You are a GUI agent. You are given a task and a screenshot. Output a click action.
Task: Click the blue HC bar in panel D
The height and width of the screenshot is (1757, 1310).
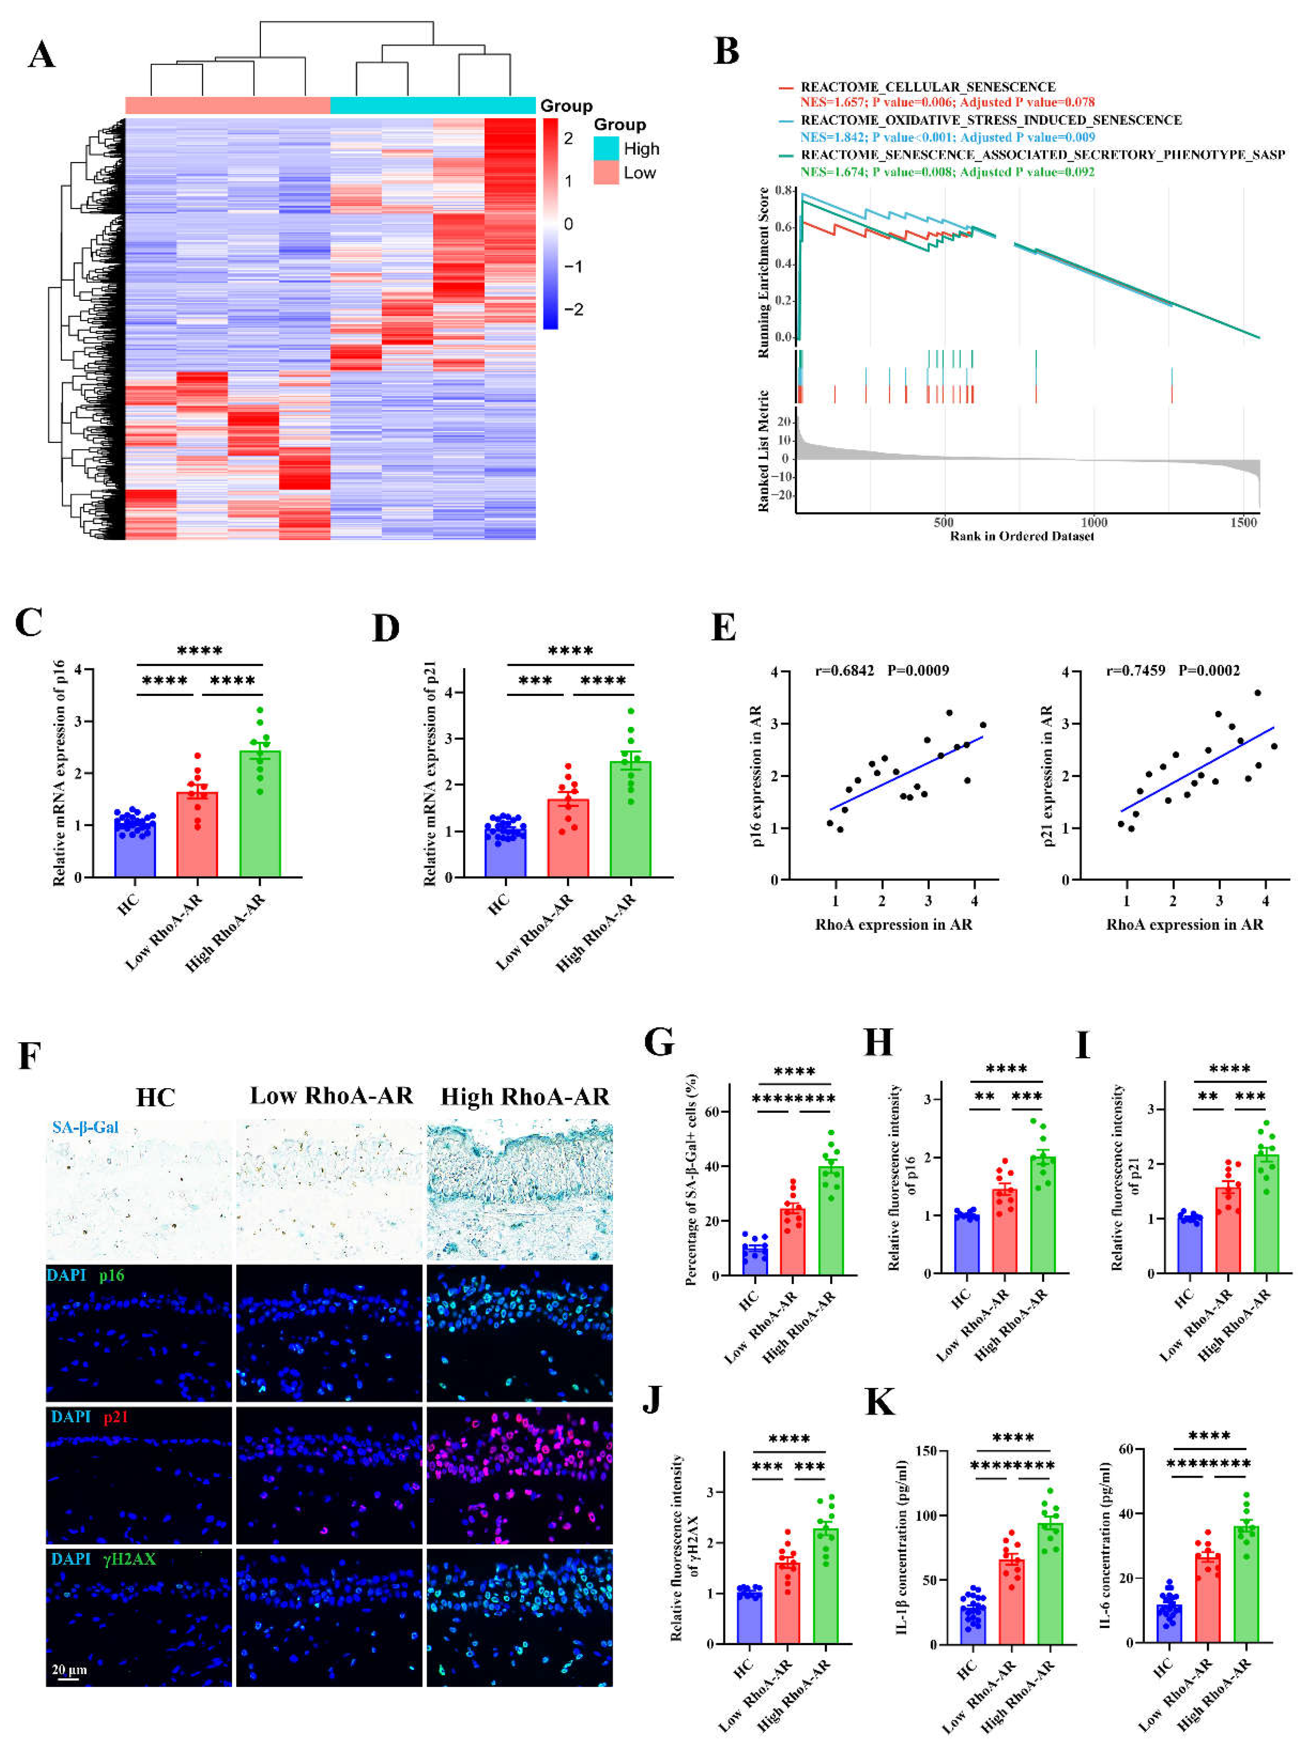[505, 852]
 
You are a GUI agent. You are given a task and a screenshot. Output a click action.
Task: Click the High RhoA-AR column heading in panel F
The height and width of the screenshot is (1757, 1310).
[525, 1096]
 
